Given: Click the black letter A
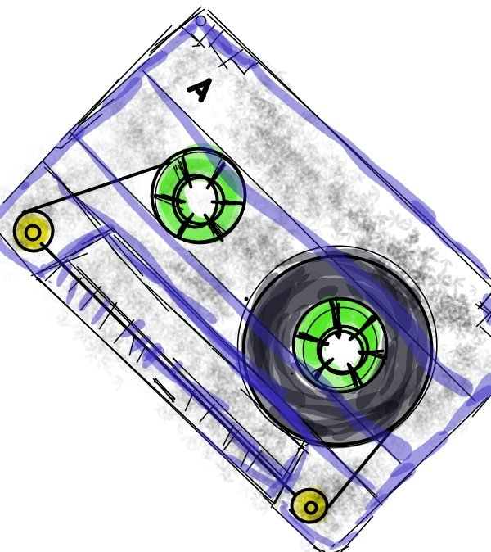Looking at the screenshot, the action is point(200,90).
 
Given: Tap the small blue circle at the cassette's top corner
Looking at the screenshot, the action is point(200,21).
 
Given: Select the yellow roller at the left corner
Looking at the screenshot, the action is point(33,231).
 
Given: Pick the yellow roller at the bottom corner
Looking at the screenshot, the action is point(309,506).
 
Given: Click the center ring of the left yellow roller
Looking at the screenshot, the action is point(33,233).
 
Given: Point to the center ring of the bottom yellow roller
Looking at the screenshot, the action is point(310,508).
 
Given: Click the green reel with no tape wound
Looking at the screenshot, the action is point(198,196).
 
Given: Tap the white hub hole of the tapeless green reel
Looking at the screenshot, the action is point(199,198).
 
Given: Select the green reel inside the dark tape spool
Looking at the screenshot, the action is point(340,345).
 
